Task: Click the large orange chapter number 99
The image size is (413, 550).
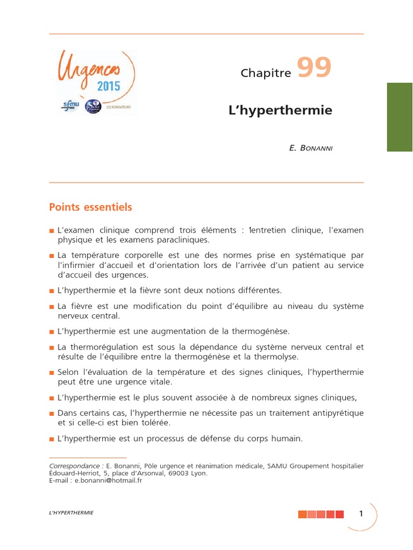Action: (315, 69)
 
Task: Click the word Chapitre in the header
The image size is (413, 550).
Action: (266, 74)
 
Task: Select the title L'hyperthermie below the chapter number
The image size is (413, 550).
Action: (281, 111)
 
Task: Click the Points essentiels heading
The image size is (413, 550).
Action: (90, 207)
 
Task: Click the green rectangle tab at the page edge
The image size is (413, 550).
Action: (400, 117)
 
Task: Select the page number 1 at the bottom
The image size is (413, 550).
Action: (361, 513)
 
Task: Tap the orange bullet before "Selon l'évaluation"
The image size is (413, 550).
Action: (52, 373)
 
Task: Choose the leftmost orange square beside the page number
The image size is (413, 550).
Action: (303, 514)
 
